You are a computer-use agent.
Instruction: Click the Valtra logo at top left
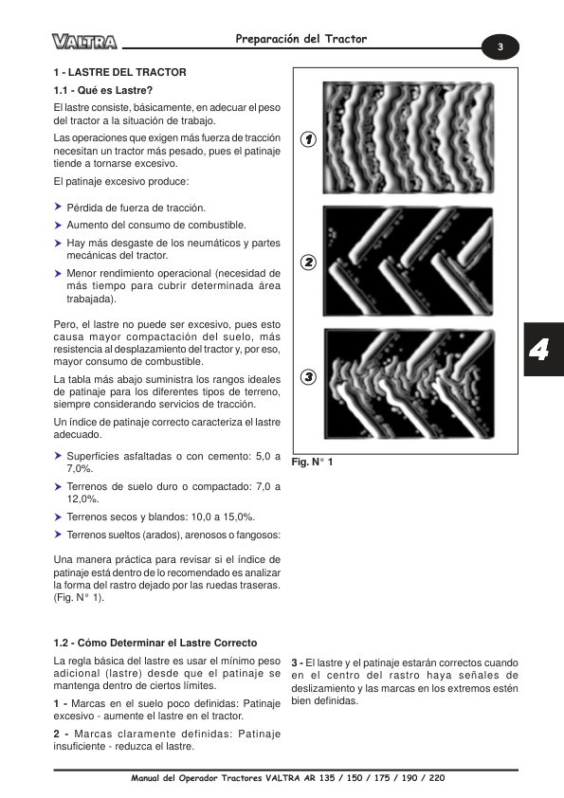[84, 41]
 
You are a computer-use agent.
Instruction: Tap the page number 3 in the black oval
[500, 46]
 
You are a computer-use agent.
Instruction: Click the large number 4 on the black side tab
[538, 350]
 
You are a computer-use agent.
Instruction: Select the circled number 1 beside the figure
[308, 139]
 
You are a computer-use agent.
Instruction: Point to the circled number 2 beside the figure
[308, 263]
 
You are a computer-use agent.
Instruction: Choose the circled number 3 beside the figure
[308, 377]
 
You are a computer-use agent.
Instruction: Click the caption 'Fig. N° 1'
[312, 462]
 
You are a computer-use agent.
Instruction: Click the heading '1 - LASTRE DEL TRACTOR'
[120, 72]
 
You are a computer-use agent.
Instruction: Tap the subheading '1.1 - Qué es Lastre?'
[103, 91]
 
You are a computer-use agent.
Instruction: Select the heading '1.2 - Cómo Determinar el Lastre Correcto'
[155, 643]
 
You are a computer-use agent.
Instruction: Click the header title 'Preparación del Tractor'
[300, 39]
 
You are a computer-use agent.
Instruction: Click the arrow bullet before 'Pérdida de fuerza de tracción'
[58, 207]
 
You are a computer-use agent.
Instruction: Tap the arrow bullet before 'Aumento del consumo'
[58, 225]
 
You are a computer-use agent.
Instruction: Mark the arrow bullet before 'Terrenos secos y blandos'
[58, 517]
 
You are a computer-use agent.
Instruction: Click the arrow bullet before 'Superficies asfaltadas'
[58, 456]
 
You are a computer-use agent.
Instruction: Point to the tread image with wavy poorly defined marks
[409, 138]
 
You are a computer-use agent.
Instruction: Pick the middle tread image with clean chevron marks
[409, 261]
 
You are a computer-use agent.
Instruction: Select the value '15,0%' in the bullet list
[239, 517]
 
